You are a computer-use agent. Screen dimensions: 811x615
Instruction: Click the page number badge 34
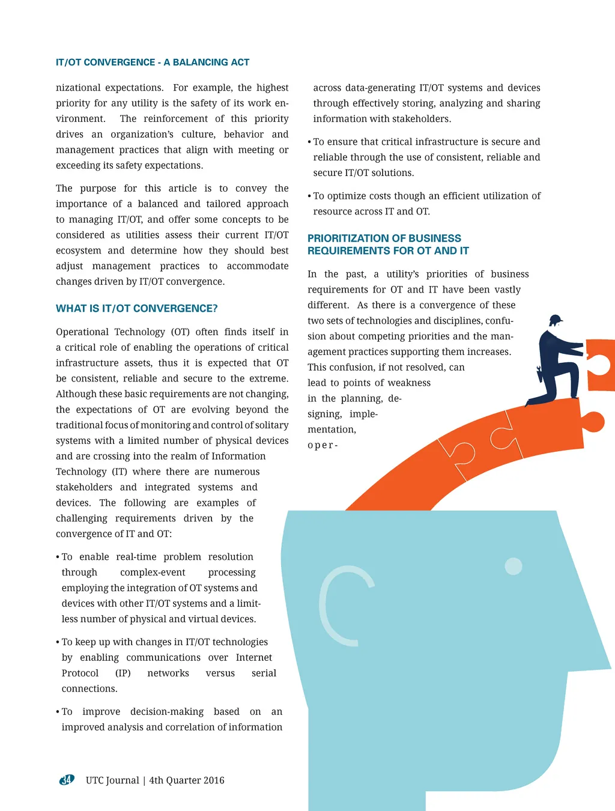point(66,780)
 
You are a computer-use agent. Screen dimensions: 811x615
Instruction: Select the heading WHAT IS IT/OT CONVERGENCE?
point(136,308)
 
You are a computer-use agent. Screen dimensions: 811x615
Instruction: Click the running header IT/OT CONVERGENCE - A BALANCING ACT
point(152,62)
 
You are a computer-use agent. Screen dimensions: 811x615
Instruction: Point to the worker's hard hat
point(556,319)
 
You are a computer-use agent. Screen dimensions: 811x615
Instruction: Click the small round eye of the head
point(514,566)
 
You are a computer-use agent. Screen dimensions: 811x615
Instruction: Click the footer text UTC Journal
point(112,780)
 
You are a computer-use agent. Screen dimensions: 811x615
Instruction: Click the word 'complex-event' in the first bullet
point(153,573)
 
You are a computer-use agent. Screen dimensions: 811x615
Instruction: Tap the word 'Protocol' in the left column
point(80,673)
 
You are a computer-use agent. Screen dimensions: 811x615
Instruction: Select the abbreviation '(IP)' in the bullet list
point(123,673)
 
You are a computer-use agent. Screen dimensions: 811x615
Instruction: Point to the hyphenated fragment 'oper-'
point(323,445)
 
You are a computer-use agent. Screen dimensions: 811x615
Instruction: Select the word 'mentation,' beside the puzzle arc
point(332,430)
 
